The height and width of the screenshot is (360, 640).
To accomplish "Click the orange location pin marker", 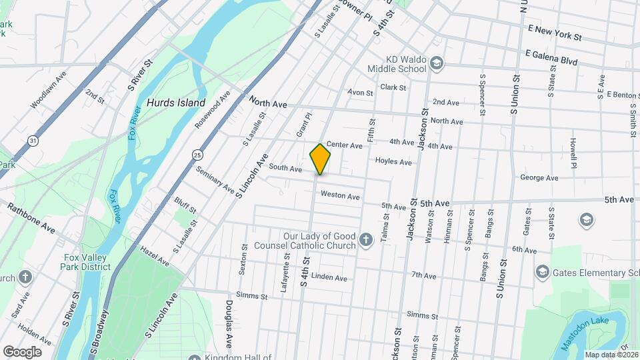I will point(320,159).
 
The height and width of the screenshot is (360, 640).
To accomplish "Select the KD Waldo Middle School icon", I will point(437,64).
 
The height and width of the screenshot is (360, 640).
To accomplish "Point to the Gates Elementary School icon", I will point(542,272).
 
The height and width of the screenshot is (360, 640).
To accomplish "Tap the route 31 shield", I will point(33,140).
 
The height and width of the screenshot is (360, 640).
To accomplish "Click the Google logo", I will point(22,351).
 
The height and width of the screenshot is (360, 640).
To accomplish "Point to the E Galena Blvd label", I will point(551,57).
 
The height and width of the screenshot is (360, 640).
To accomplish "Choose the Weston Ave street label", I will point(340,196).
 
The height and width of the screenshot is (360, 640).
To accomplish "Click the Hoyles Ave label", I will point(393,161).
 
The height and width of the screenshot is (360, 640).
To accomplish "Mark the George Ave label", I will point(539,178).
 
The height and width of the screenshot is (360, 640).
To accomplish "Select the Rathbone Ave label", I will point(31,217).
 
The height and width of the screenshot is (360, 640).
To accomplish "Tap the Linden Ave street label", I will point(329,277).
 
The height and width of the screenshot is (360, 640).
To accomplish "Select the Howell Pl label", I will point(573,153).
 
